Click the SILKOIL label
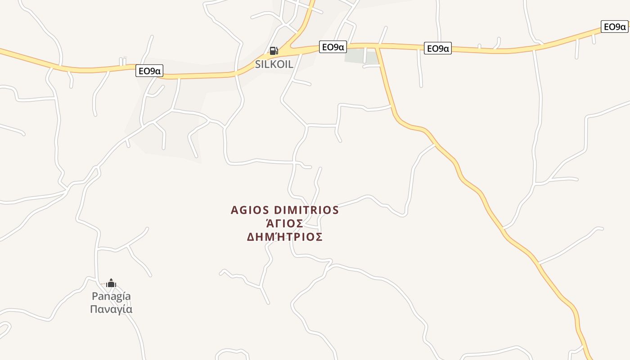pyautogui.click(x=274, y=64)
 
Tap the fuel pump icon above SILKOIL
pyautogui.click(x=274, y=51)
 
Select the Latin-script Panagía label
pyautogui.click(x=111, y=296)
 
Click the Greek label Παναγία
pyautogui.click(x=111, y=309)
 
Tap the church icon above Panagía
pyautogui.click(x=111, y=283)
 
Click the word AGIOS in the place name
pyautogui.click(x=250, y=210)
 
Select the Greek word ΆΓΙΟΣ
pyautogui.click(x=284, y=223)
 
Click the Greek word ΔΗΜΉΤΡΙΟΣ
pyautogui.click(x=285, y=237)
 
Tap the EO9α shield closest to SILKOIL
pyautogui.click(x=333, y=47)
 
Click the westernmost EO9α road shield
pyautogui.click(x=149, y=71)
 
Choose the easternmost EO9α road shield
pyautogui.click(x=614, y=27)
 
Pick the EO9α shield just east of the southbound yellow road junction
pyautogui.click(x=437, y=48)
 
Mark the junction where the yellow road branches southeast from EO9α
pyautogui.click(x=378, y=46)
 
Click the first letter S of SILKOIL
pyautogui.click(x=258, y=64)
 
